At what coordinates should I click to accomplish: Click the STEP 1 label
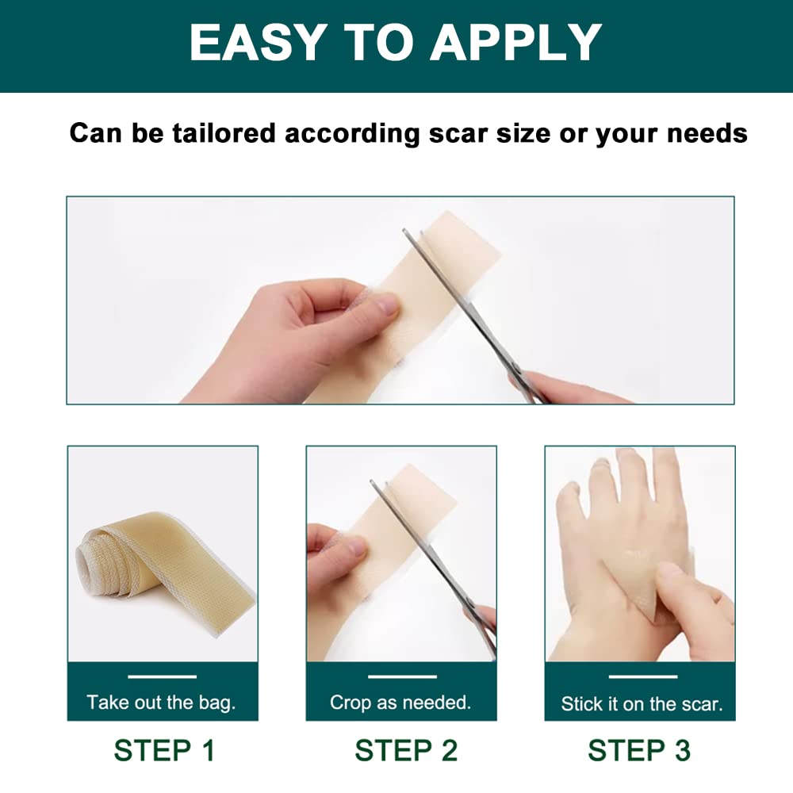(x=163, y=749)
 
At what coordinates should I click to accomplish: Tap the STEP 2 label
(x=406, y=749)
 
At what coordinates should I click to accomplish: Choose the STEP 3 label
(x=639, y=749)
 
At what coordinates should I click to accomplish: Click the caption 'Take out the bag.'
(x=162, y=702)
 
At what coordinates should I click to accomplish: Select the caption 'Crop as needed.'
(x=400, y=702)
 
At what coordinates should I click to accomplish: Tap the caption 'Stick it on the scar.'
(x=642, y=703)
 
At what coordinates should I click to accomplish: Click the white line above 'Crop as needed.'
(x=403, y=676)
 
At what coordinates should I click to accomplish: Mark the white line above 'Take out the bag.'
(x=162, y=676)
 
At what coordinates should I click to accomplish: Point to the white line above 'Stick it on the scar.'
(x=642, y=676)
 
